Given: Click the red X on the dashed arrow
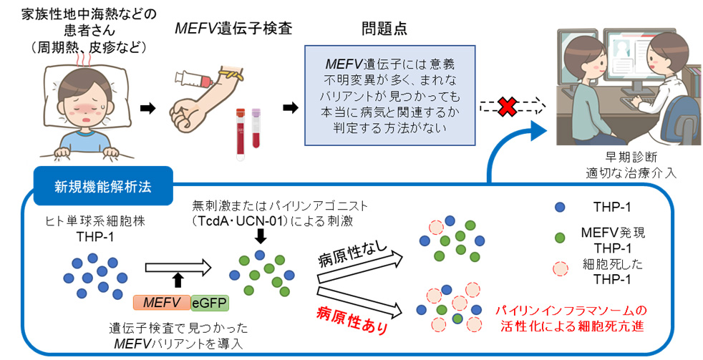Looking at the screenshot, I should (x=507, y=107).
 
